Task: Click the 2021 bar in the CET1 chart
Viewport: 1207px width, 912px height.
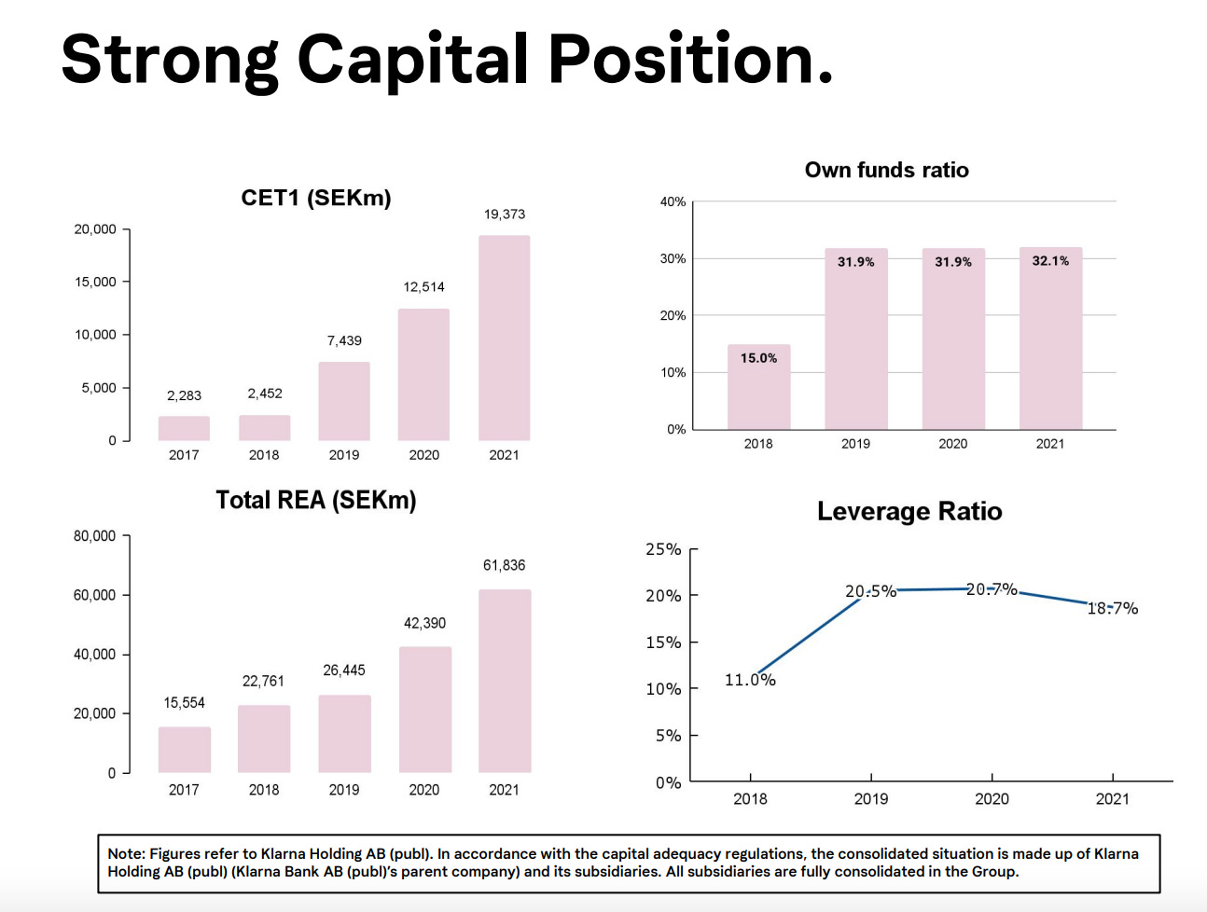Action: [x=504, y=338]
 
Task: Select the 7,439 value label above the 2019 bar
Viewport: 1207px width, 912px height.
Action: [x=344, y=340]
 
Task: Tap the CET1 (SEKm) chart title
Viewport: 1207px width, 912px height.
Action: [x=315, y=198]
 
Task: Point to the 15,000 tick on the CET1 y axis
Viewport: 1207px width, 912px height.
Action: [x=95, y=282]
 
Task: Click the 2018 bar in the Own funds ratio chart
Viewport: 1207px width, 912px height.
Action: [x=758, y=388]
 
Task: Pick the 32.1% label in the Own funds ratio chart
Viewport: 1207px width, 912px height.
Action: [x=1050, y=261]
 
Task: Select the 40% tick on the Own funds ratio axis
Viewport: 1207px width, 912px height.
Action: [x=673, y=201]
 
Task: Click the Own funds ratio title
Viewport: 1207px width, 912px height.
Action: [x=886, y=170]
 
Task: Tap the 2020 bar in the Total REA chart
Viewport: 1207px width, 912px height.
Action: [x=424, y=710]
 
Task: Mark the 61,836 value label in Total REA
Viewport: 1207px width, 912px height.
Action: [x=504, y=565]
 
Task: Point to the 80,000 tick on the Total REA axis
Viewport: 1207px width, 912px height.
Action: [x=94, y=536]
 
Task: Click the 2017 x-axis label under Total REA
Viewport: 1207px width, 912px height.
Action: [x=184, y=790]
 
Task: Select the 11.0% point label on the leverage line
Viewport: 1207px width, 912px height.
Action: [x=750, y=680]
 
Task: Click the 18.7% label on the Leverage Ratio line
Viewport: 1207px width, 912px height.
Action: [x=1112, y=608]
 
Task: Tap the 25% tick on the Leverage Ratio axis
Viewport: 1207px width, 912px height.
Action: [x=663, y=549]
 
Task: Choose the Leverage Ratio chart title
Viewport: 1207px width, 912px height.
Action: [x=909, y=511]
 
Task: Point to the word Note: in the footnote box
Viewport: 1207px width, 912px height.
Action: [x=126, y=853]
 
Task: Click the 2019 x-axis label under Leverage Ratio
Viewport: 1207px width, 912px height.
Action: [x=871, y=799]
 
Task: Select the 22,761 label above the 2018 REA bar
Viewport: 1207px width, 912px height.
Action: [x=263, y=681]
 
